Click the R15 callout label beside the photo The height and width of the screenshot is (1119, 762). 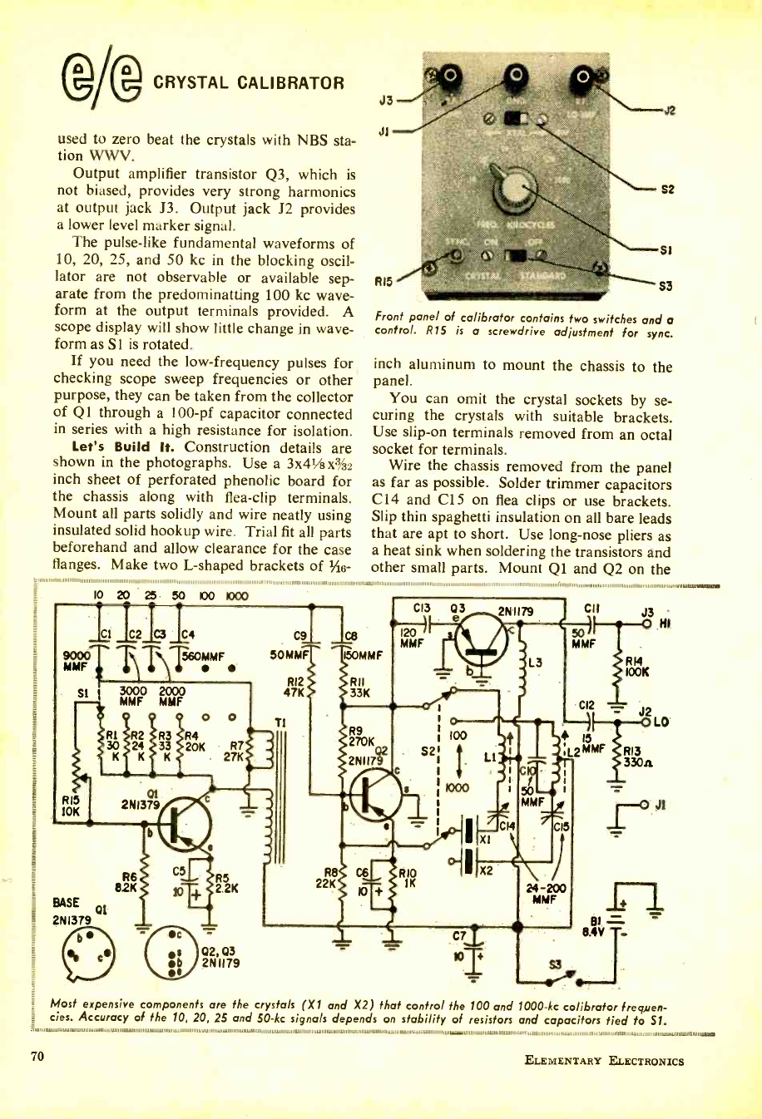[383, 282]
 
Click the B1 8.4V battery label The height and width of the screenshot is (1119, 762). [591, 924]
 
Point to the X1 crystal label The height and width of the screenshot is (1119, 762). [485, 839]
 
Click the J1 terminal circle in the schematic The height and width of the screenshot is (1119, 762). [644, 805]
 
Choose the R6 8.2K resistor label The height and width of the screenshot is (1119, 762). [129, 881]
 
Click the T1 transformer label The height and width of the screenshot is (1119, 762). [255, 722]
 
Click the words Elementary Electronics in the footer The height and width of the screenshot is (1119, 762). [605, 1060]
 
